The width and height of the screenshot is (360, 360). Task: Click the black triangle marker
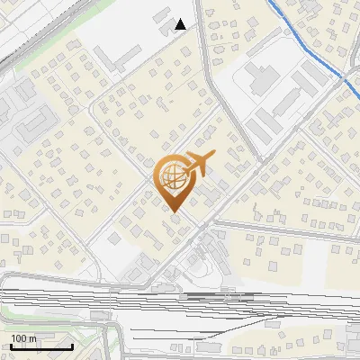tap(181, 24)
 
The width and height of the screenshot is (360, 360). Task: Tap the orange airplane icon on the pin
tap(197, 164)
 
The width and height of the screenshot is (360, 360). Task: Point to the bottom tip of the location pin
tap(173, 211)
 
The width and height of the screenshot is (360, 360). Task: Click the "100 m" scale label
tap(23, 338)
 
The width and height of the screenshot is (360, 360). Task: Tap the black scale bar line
tap(41, 346)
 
